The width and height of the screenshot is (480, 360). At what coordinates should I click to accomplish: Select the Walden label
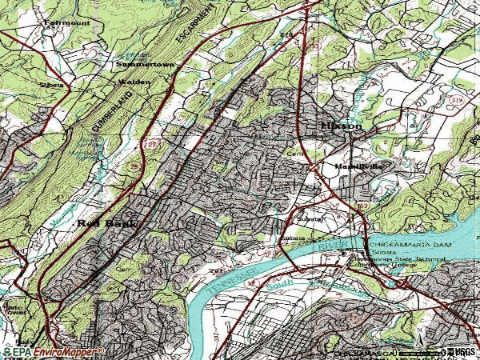(x=134, y=82)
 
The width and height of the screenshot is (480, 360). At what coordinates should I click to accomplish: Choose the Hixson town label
(x=342, y=126)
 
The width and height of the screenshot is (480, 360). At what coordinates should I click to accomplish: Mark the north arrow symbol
(x=418, y=333)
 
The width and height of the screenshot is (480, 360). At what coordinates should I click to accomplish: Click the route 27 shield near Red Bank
(x=131, y=189)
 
